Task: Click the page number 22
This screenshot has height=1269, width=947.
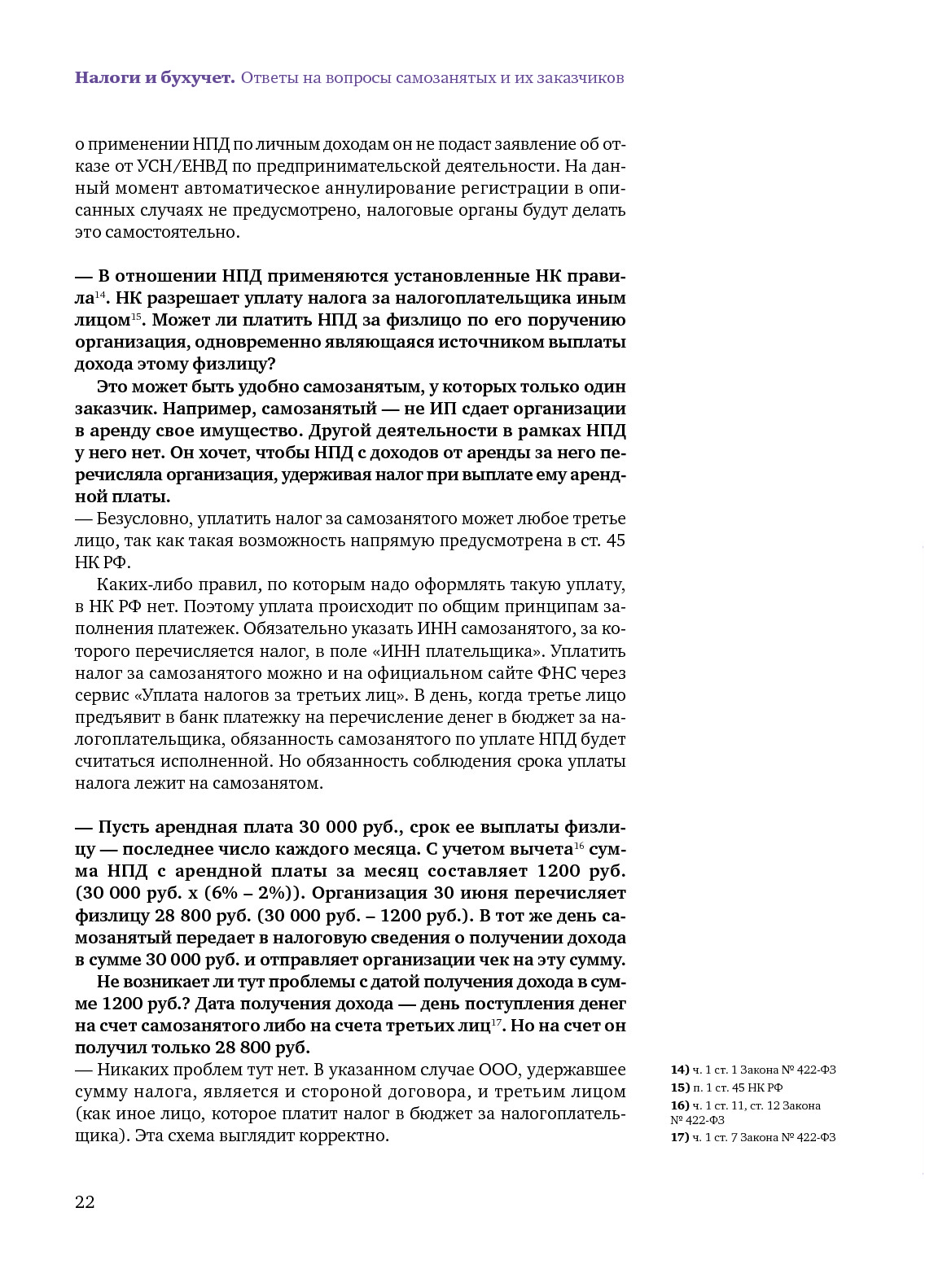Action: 85,1202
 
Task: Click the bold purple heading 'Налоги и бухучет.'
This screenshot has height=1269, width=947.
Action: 155,78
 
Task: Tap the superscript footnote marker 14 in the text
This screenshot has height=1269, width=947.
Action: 101,293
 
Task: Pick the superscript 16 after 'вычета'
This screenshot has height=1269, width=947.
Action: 580,846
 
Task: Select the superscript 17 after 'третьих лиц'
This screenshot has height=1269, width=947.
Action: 497,1022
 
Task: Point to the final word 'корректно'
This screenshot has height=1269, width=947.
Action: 349,1136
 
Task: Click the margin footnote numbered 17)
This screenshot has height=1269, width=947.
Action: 752,1137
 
